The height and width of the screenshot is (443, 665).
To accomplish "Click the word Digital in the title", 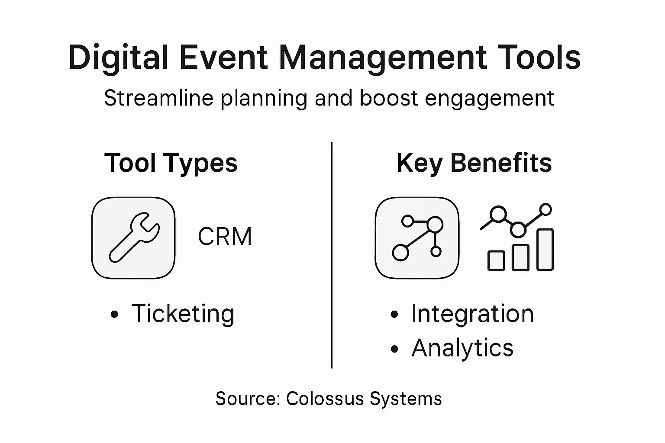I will click(x=118, y=58).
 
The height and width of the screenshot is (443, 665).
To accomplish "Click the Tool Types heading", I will click(x=171, y=163).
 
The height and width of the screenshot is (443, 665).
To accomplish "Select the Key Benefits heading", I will click(x=474, y=163).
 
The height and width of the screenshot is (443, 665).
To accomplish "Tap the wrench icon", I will click(x=133, y=238).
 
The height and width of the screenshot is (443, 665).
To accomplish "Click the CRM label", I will click(x=225, y=237).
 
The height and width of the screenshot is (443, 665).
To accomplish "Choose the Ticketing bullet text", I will click(x=183, y=314).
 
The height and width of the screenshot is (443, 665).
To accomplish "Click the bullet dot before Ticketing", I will click(x=114, y=315).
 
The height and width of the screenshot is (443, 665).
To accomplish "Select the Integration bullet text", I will click(x=472, y=314).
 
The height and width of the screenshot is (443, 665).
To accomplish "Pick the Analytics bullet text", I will click(x=462, y=348).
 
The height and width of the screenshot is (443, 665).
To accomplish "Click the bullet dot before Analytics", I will click(x=394, y=349).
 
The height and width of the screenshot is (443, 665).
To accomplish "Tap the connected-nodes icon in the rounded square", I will click(x=417, y=238).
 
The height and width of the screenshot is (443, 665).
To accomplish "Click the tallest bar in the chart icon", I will click(x=545, y=250).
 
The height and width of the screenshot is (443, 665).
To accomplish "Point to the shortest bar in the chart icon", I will click(x=496, y=261).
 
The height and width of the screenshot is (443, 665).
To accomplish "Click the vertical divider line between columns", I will click(x=332, y=255).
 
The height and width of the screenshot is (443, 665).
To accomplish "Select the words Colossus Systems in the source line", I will click(x=364, y=398).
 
